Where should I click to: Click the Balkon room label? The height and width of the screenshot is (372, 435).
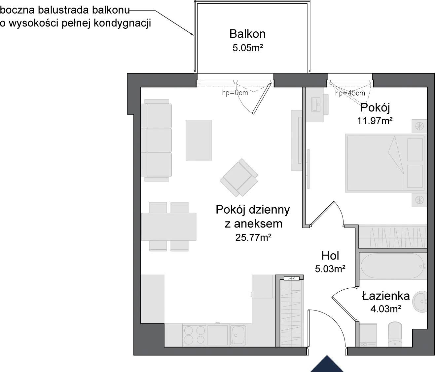[247, 34]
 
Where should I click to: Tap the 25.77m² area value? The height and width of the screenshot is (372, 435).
[253, 238]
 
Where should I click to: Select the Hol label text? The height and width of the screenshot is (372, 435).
[330, 256]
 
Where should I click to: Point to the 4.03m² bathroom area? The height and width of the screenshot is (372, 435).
[385, 309]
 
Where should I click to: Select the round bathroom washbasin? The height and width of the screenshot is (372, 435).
[419, 302]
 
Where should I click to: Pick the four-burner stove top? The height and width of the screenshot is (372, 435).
[194, 335]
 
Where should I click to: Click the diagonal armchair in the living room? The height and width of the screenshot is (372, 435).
[239, 177]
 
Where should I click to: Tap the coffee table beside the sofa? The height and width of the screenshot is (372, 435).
[199, 140]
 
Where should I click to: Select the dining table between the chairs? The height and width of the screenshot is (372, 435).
[169, 227]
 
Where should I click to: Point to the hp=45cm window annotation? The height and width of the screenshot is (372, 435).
[350, 93]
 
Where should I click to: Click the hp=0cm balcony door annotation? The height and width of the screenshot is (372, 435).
[235, 93]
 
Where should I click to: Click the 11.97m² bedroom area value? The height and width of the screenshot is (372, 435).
[375, 121]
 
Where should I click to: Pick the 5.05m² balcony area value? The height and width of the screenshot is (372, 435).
[248, 48]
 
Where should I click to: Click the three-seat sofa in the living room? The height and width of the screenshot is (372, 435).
[156, 140]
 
